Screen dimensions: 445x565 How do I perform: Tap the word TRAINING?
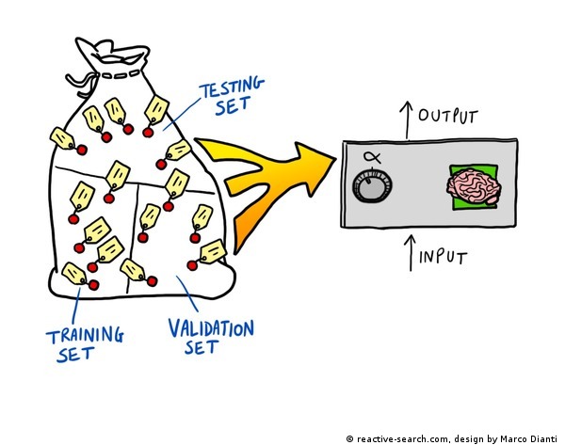(86, 333)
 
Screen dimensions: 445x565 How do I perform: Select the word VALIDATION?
(211, 328)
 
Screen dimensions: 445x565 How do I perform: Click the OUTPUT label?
(449, 117)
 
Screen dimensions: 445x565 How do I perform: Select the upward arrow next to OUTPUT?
(406, 119)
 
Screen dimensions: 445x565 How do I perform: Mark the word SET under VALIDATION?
(201, 347)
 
